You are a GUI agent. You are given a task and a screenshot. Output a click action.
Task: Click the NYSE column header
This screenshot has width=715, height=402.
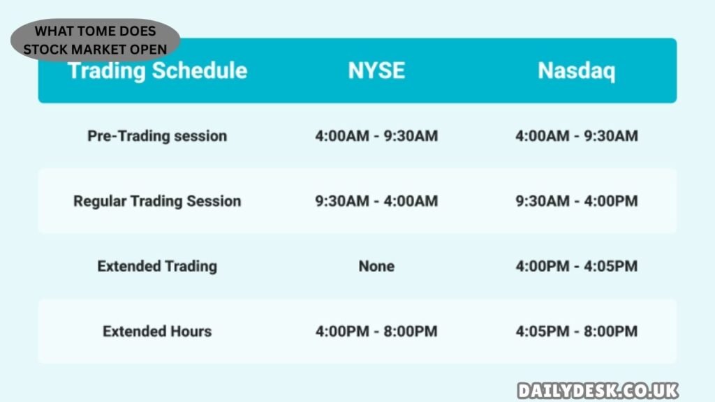pos(376,70)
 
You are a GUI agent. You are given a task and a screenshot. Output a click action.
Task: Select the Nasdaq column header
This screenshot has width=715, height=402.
pos(576,70)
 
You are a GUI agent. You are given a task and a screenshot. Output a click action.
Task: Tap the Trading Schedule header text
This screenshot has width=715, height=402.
pos(157,70)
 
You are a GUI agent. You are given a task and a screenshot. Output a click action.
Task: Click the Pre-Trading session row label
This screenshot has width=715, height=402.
pos(157,135)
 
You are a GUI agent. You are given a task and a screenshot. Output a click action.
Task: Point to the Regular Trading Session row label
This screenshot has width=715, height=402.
pos(157,201)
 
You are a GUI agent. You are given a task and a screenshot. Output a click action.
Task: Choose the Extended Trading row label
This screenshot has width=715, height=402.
pos(157,266)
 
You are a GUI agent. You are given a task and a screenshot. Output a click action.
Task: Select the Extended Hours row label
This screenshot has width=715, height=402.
pos(157,331)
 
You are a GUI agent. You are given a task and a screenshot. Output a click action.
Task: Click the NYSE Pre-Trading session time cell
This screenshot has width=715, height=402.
pos(376,135)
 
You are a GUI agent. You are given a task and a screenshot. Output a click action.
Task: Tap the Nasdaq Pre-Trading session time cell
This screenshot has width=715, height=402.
pos(576,135)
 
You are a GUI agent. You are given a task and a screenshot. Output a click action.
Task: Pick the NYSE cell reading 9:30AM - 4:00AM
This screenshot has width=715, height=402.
pos(376,201)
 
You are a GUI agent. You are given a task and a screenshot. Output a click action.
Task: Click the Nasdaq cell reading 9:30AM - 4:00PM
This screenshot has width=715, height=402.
pos(576,201)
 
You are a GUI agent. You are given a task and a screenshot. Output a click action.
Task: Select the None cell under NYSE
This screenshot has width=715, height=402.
pos(376,266)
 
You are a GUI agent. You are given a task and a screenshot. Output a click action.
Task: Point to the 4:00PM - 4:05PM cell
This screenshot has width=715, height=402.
pos(576,266)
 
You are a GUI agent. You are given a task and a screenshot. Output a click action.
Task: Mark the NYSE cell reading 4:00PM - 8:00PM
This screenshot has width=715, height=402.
pos(376,331)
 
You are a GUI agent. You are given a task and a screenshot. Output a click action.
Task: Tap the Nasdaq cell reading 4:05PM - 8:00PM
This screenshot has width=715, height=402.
pos(576,331)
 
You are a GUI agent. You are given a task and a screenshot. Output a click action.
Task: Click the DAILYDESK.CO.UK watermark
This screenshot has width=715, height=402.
pos(598,391)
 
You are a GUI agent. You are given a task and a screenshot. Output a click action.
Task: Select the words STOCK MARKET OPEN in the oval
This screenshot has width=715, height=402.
pos(95,49)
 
